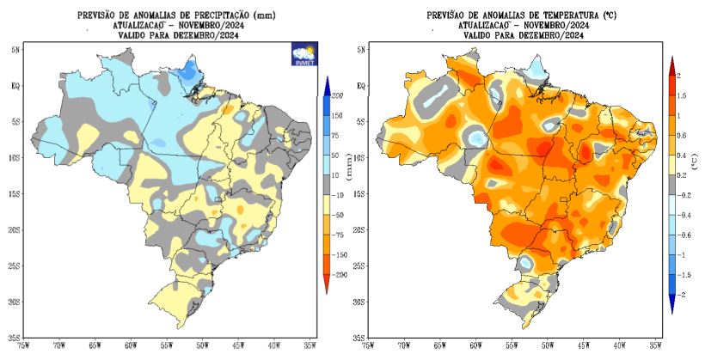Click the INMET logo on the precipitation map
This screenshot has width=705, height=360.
303,53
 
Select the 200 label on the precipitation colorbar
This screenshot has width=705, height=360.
338,95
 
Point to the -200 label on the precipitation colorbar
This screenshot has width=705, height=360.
338,273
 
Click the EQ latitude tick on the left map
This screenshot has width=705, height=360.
15,87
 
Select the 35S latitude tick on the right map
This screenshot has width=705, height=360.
358,338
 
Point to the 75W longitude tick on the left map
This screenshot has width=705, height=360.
25,345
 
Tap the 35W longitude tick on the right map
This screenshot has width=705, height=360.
655,345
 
